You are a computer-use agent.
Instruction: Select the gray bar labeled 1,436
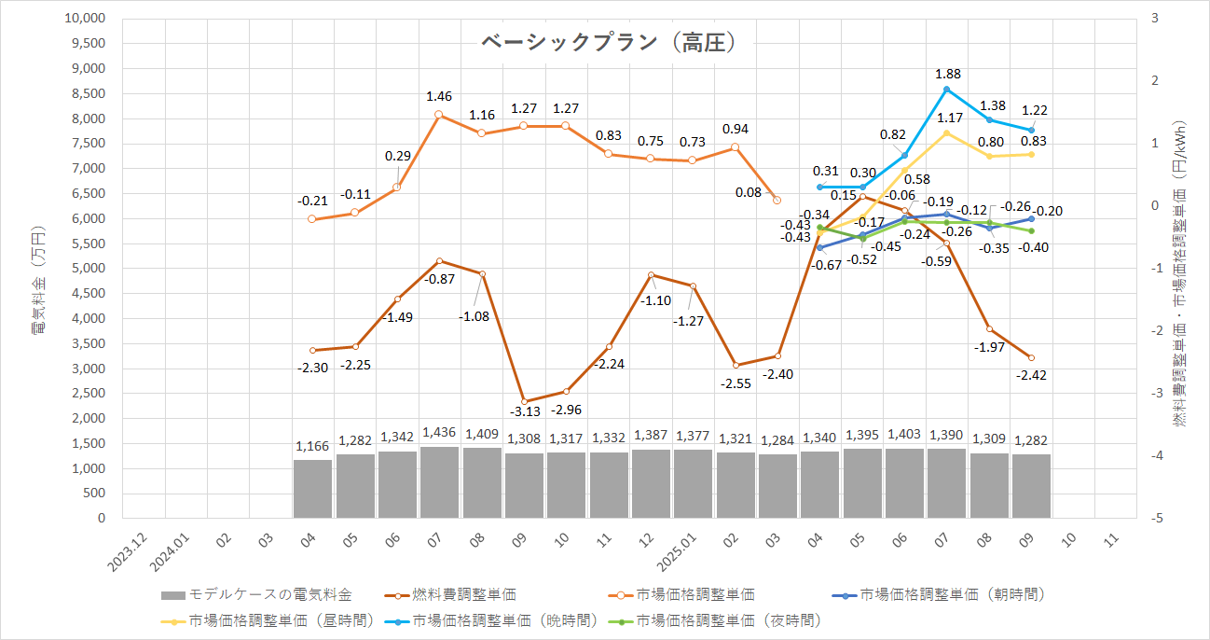[439, 481]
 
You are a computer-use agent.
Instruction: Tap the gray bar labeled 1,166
[312, 488]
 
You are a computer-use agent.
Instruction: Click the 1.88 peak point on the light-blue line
[946, 90]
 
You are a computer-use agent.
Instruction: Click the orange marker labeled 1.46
[439, 114]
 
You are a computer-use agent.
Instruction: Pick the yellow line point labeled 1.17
[946, 132]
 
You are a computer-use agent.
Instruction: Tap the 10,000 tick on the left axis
[86, 19]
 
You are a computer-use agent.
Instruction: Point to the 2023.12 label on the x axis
[120, 550]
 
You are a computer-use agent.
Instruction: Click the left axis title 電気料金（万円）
[38, 280]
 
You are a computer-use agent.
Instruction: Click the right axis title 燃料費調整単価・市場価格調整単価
[1179, 280]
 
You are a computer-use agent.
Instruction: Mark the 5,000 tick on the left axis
[89, 269]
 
